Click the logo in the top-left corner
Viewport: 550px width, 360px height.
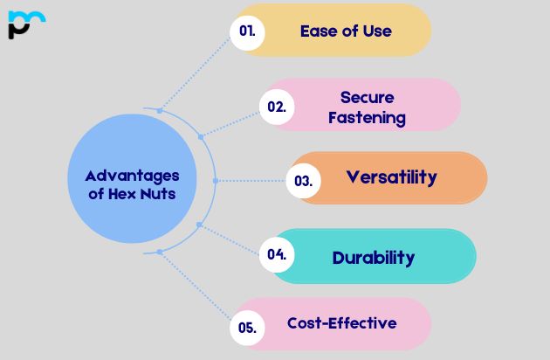click(27, 24)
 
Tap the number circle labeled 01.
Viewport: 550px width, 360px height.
click(247, 32)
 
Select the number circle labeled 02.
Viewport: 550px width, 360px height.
click(277, 107)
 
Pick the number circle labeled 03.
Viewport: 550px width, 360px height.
click(304, 181)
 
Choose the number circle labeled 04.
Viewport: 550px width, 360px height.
click(277, 254)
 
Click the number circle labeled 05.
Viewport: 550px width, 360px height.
click(247, 328)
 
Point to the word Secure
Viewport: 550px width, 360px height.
click(368, 97)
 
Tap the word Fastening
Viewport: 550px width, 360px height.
click(368, 118)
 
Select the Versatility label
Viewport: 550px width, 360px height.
click(392, 177)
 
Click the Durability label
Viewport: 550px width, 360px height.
click(374, 258)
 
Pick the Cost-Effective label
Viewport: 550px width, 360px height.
click(342, 323)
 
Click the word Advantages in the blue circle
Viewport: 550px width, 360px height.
click(132, 177)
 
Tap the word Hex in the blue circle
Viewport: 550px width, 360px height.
click(122, 194)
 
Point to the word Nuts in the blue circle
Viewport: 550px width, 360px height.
click(158, 194)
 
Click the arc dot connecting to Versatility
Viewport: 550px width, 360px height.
click(216, 181)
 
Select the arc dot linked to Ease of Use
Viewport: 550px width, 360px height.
click(160, 111)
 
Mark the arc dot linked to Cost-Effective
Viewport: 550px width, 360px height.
click(160, 252)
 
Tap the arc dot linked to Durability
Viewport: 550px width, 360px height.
click(199, 225)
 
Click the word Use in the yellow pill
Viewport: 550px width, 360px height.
click(377, 31)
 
